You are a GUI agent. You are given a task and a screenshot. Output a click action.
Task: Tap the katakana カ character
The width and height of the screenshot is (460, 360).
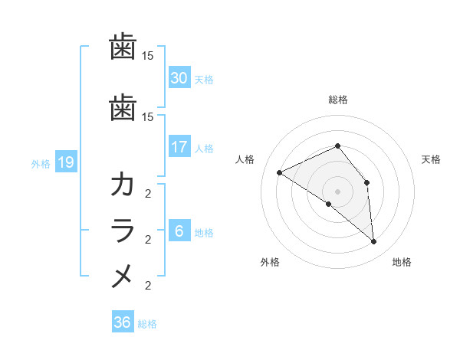(x=123, y=185)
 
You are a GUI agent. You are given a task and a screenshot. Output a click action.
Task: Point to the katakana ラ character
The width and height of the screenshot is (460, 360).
(x=123, y=231)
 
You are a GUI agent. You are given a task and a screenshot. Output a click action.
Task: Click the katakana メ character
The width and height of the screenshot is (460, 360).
(x=123, y=277)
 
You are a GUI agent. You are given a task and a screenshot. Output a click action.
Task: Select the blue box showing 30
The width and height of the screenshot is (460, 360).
(x=179, y=78)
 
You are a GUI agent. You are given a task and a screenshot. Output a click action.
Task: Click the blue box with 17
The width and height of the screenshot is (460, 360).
(x=179, y=147)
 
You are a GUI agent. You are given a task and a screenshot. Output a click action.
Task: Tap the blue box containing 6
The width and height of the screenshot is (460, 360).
(x=179, y=232)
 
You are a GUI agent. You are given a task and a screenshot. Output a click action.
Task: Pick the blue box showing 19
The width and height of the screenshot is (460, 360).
(x=65, y=162)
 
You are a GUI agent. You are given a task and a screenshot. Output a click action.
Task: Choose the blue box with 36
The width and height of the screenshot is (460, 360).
(x=122, y=322)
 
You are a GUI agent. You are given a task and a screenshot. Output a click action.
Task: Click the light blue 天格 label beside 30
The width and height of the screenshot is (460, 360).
(x=204, y=80)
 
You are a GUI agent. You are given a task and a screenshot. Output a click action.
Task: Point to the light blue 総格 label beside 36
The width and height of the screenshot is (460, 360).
(x=147, y=324)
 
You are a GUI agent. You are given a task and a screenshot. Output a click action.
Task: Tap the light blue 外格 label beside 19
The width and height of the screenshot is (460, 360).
(x=41, y=163)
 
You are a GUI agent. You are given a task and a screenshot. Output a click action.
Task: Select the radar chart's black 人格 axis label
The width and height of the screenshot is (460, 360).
(x=245, y=159)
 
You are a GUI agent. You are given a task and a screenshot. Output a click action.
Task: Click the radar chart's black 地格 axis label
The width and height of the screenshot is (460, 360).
(x=402, y=263)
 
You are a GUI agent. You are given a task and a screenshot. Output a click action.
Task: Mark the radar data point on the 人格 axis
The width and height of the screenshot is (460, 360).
(x=280, y=172)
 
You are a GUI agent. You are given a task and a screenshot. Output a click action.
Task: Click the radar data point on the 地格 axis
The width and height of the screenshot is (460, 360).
(x=373, y=242)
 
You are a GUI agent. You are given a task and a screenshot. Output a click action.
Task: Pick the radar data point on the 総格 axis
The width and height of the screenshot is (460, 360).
(x=337, y=146)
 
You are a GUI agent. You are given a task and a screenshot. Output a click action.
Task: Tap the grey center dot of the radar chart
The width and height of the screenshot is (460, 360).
(x=337, y=191)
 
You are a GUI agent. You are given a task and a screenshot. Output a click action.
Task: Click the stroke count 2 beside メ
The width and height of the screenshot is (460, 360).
(x=148, y=286)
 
